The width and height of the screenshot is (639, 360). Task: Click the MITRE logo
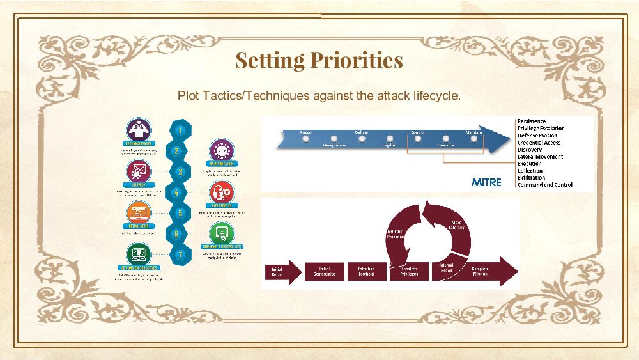486,182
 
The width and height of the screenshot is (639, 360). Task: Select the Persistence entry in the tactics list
532,121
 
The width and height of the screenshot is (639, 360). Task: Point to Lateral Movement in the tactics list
540,157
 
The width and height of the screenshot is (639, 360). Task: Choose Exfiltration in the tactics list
531,178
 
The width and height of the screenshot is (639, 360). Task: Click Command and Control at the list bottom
544,185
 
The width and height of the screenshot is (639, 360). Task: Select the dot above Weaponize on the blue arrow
334,138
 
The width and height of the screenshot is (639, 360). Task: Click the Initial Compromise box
325,272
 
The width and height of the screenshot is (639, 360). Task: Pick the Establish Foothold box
366,272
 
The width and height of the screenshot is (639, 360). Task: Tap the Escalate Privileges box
409,272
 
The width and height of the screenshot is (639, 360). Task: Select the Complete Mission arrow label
481,272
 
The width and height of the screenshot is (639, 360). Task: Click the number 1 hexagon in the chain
181,130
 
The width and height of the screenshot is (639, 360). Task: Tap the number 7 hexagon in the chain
181,254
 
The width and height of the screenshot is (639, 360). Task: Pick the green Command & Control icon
222,233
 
